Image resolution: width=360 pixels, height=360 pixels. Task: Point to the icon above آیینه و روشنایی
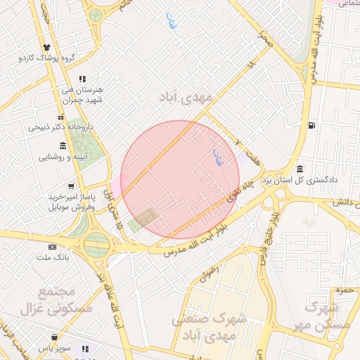coord(63,146)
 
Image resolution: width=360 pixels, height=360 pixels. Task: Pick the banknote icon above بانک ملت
coord(52,247)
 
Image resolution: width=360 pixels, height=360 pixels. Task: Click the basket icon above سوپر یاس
coord(56,335)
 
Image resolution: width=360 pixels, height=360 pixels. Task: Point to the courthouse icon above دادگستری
coord(300,169)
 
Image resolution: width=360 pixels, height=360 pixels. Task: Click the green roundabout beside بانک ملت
coord(97,244)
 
